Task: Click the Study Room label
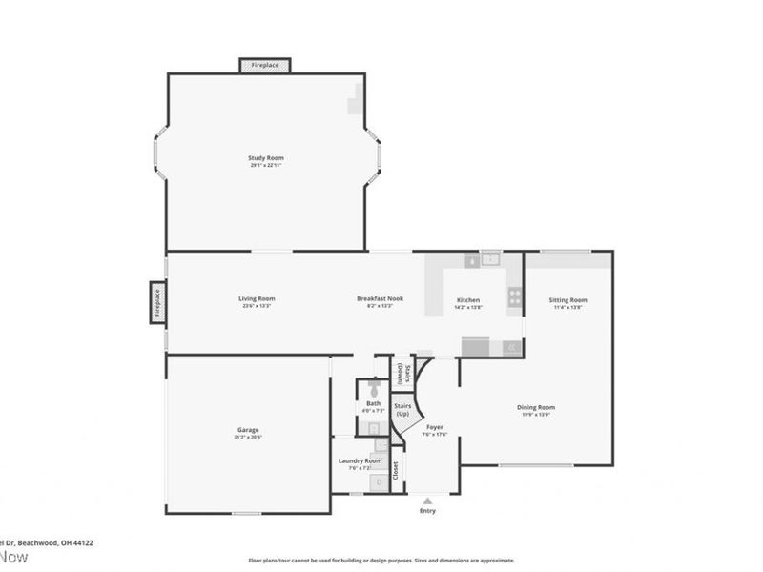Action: point(266,157)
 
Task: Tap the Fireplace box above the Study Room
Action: point(265,65)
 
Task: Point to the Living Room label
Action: point(257,298)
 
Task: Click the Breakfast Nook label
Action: point(380,298)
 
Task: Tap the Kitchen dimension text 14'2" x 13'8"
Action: point(468,307)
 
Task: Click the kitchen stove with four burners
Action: point(514,296)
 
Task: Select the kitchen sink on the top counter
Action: point(490,257)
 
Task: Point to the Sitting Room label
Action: point(567,300)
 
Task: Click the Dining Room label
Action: point(536,407)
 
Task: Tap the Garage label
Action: point(248,429)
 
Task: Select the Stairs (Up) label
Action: point(402,410)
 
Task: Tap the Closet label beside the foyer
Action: point(395,469)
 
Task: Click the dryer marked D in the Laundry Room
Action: point(379,482)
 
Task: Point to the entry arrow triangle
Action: point(427,499)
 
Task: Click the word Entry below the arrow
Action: point(427,511)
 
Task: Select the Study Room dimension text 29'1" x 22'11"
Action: point(266,165)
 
